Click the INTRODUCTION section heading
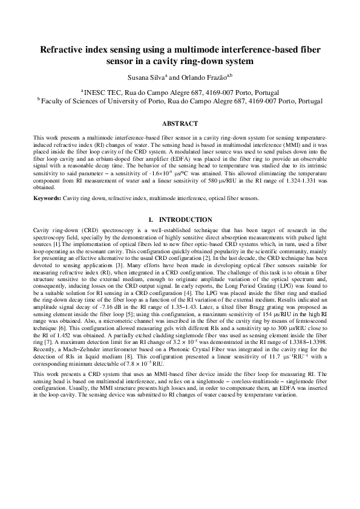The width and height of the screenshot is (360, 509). (184, 203)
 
